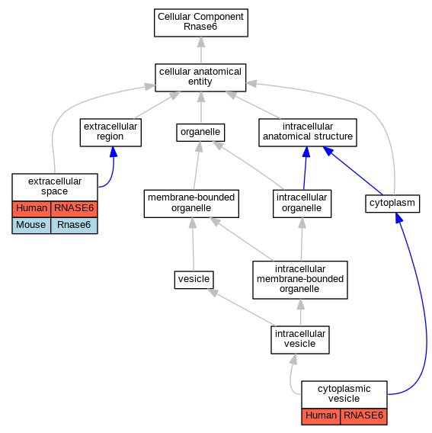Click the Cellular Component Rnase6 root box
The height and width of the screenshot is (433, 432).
pyautogui.click(x=201, y=23)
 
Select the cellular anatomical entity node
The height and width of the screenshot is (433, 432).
pyautogui.click(x=200, y=78)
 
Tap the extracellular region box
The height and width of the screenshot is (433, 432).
pyautogui.click(x=110, y=133)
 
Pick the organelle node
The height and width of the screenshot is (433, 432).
pyautogui.click(x=200, y=133)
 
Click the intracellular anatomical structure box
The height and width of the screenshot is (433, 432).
pyautogui.click(x=308, y=133)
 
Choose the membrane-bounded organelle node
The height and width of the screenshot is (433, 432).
pyautogui.click(x=191, y=204)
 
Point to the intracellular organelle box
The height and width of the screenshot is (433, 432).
pyautogui.click(x=302, y=204)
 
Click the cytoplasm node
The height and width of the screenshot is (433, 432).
pyautogui.click(x=392, y=204)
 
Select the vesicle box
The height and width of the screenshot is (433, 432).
pyautogui.click(x=194, y=280)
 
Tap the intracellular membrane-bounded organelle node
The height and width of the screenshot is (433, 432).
pyautogui.click(x=300, y=280)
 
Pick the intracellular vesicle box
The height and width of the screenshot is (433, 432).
pyautogui.click(x=300, y=340)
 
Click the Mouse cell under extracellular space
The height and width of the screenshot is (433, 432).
pyautogui.click(x=31, y=226)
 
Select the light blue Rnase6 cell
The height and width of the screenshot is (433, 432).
pyautogui.click(x=74, y=226)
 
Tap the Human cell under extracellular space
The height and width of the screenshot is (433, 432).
pyautogui.click(x=31, y=209)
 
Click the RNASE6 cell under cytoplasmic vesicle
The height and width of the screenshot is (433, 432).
pyautogui.click(x=363, y=416)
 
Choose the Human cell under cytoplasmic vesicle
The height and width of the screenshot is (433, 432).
pyautogui.click(x=321, y=416)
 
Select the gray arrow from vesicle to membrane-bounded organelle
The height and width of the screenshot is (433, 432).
pyautogui.click(x=193, y=245)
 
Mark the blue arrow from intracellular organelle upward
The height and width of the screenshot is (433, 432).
pyautogui.click(x=305, y=168)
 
